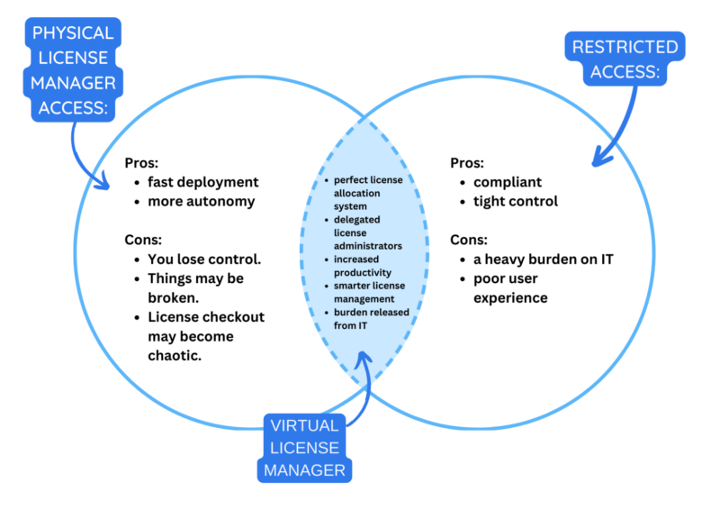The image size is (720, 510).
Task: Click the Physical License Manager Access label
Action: (x=74, y=71)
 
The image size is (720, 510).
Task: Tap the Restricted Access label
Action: (x=625, y=59)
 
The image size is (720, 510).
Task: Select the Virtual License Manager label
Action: (x=304, y=447)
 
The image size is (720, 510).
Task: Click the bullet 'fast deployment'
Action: (x=203, y=182)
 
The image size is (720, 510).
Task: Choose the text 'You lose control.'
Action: (x=204, y=259)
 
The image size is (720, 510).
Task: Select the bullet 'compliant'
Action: (x=508, y=182)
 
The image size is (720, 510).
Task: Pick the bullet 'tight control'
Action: (x=516, y=202)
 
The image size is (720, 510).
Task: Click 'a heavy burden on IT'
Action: (x=544, y=260)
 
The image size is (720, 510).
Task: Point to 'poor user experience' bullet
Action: (x=511, y=287)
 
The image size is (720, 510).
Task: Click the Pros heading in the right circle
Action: (x=466, y=163)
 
